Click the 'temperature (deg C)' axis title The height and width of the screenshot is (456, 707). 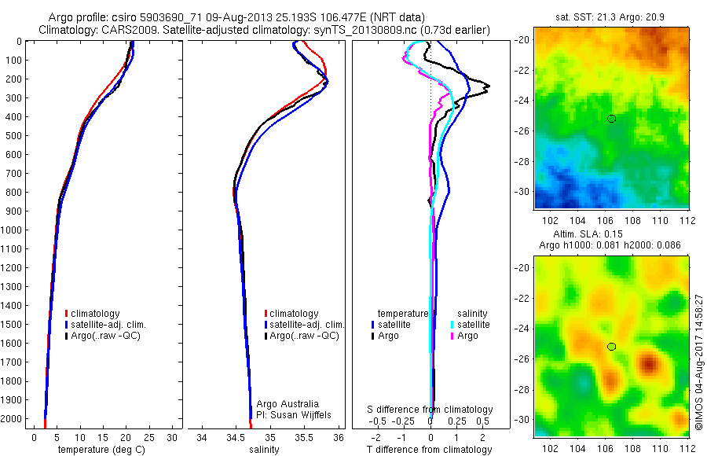(100, 450)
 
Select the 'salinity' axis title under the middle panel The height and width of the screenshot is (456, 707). (264, 450)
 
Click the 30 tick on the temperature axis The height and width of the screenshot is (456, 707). (172, 436)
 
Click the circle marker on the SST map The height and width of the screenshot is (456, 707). (611, 119)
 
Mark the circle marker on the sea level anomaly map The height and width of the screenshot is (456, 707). (611, 347)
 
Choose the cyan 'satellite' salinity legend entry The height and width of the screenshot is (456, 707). (470, 324)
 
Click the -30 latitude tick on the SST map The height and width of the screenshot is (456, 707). (523, 192)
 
